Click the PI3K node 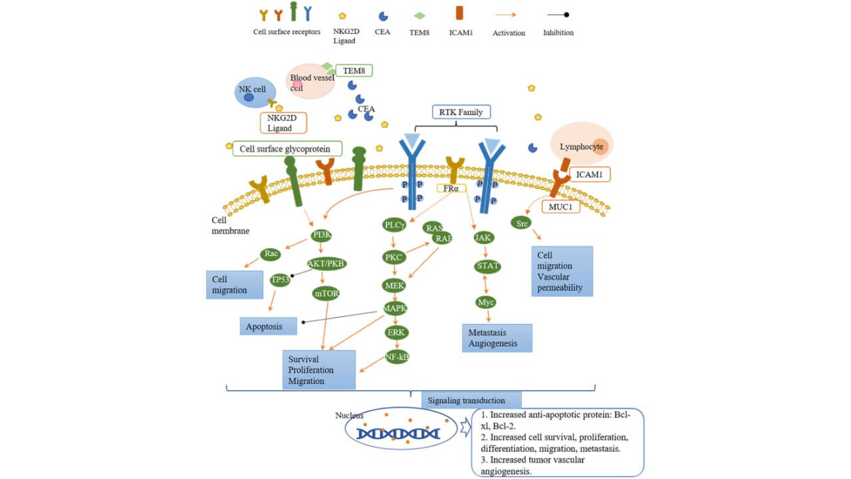322,236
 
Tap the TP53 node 281,280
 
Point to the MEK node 394,285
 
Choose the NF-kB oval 397,357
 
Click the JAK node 483,237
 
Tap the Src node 522,224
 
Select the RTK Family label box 461,112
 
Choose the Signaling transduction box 471,400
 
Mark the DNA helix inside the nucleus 398,434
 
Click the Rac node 271,254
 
